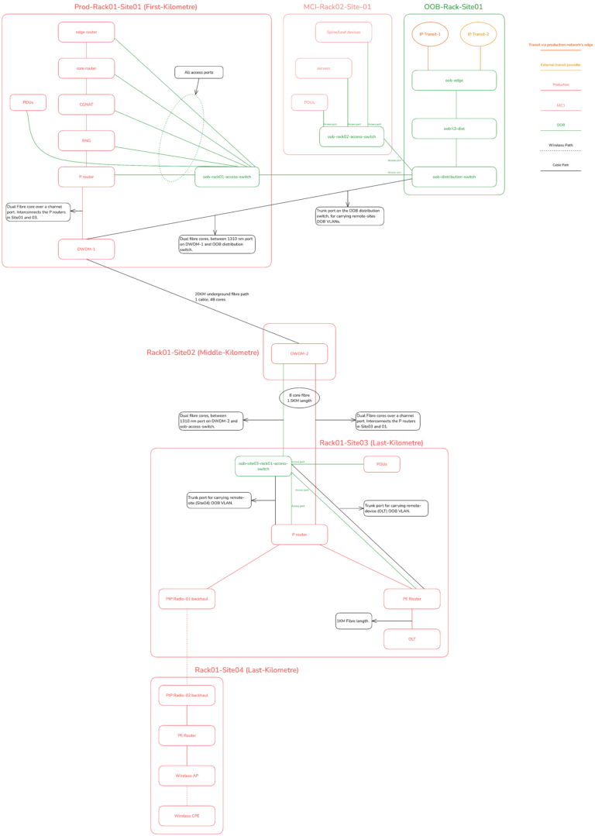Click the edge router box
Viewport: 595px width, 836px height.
tap(86, 32)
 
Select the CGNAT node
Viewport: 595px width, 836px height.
tap(86, 105)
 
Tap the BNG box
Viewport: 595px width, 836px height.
tap(86, 140)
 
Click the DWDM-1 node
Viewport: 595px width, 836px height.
tap(86, 249)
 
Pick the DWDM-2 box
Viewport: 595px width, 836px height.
tap(299, 353)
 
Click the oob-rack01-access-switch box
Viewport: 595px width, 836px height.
tap(227, 177)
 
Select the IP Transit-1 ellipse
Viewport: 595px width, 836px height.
tap(430, 34)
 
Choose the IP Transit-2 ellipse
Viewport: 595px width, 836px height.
tap(479, 34)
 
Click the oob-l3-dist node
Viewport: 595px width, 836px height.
tap(454, 129)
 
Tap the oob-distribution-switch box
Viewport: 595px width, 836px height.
tap(454, 177)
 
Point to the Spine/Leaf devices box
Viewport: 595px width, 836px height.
tap(343, 32)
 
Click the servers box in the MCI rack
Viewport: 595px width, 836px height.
tap(323, 68)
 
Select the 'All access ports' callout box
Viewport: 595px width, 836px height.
tap(199, 72)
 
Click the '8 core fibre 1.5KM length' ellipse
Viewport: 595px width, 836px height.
tap(299, 397)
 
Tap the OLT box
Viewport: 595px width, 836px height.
tap(411, 638)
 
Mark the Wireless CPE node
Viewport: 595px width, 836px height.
tap(187, 816)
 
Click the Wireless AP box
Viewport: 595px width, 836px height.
tap(187, 776)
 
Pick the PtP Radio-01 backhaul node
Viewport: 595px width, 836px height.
tap(187, 598)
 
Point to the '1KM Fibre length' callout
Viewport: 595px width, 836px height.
tap(353, 621)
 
